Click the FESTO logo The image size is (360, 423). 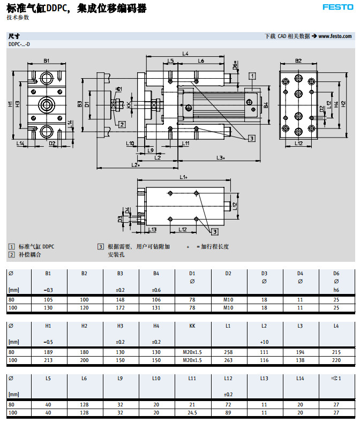[x=337, y=7]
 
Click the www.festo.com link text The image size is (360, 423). [x=336, y=36]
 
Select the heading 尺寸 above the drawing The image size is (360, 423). [x=14, y=36]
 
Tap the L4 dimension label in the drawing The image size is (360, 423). [x=185, y=53]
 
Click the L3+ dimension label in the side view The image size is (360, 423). [x=220, y=157]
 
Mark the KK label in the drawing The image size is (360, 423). [x=129, y=104]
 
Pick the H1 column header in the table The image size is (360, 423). [x=48, y=326]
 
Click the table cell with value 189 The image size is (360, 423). [x=48, y=352]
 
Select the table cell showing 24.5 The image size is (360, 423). [x=192, y=413]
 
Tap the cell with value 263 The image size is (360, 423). [x=228, y=360]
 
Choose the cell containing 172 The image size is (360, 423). [x=121, y=308]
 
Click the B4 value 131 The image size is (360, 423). [x=156, y=308]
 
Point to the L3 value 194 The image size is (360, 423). [x=300, y=352]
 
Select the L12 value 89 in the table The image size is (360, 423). [x=228, y=413]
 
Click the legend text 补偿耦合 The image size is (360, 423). [x=30, y=255]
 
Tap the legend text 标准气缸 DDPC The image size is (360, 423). [x=36, y=247]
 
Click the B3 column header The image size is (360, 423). [x=121, y=273]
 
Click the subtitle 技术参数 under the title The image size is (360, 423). [x=18, y=17]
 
